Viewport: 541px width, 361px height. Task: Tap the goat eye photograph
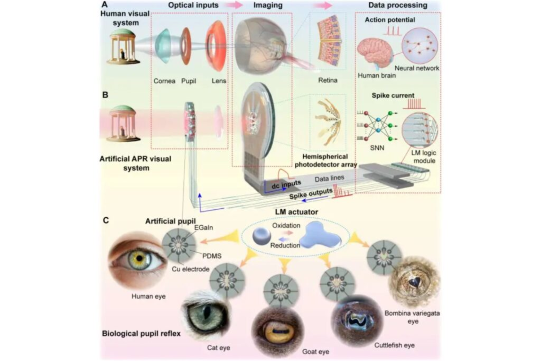278,330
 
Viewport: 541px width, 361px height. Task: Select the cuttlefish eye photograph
352,319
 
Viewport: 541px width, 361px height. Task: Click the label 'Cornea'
164,81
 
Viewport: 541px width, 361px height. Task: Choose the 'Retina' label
327,80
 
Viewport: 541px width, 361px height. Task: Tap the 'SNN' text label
377,148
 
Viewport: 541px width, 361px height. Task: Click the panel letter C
106,220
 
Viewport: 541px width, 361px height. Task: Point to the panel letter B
105,95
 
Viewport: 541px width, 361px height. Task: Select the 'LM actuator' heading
296,212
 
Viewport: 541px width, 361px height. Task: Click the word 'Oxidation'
286,226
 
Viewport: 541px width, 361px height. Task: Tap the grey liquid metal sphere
261,236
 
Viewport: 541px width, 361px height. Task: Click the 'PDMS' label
212,256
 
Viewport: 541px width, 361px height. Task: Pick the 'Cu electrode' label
190,269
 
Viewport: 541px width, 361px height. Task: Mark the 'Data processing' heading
397,5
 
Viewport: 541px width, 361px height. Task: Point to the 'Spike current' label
393,96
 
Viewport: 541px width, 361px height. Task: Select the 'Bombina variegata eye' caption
412,317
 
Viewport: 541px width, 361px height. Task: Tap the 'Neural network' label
417,68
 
